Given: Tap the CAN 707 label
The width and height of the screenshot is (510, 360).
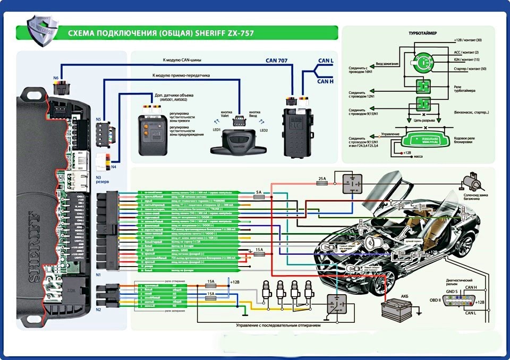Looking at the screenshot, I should [276, 61].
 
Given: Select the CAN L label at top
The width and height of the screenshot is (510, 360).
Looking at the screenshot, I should [325, 62].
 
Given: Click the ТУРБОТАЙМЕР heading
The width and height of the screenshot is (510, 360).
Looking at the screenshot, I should [423, 33].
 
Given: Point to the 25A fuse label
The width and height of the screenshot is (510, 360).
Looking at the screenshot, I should [322, 179].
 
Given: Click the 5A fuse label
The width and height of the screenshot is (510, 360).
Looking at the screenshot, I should [259, 192].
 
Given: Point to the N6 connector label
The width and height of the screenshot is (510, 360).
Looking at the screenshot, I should [56, 79].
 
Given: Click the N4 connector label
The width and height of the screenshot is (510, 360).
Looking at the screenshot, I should [113, 167].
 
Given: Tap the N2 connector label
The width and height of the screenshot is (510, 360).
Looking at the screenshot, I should [98, 309].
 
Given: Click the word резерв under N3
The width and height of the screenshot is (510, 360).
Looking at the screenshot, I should [103, 182].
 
